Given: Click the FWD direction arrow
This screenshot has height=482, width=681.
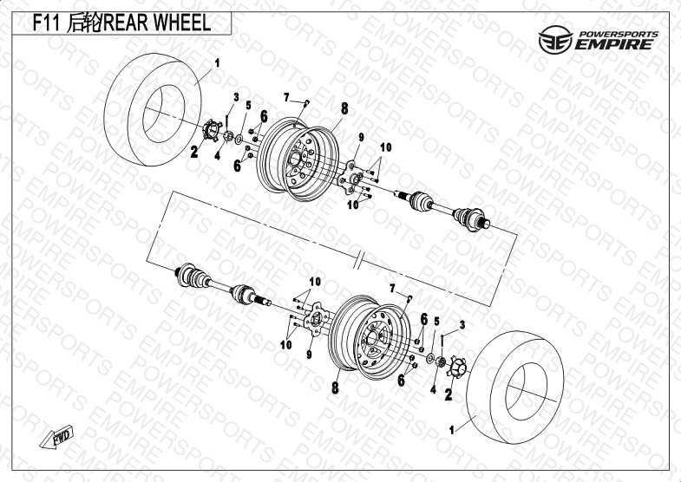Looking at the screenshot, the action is pos(57,437).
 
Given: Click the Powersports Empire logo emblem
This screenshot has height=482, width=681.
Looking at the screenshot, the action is pos(555,40).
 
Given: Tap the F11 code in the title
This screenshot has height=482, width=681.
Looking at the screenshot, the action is pos(47,23).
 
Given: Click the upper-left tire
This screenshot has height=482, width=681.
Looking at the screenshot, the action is pos(153,109).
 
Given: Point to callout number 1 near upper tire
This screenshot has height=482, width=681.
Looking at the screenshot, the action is pos(217,63).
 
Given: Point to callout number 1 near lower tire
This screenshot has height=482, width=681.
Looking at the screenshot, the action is pos(452,430).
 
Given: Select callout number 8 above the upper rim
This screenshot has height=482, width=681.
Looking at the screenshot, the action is pos(344,108).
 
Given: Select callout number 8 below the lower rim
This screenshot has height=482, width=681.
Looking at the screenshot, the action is pos(335,388).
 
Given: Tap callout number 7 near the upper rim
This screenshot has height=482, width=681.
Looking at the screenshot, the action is pos(286,97).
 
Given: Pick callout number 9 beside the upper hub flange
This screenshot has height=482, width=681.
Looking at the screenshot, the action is pos(361,138).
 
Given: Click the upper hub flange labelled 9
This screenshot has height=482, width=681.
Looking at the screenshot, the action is pos(350,178).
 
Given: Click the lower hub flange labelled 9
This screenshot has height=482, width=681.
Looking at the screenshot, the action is pos(317,320).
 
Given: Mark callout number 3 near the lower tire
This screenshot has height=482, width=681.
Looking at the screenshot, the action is pos(462,324).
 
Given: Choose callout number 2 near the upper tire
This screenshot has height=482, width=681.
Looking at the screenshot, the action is pos(194,152).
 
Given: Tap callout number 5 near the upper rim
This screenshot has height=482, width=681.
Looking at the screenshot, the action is pos(248,105).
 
